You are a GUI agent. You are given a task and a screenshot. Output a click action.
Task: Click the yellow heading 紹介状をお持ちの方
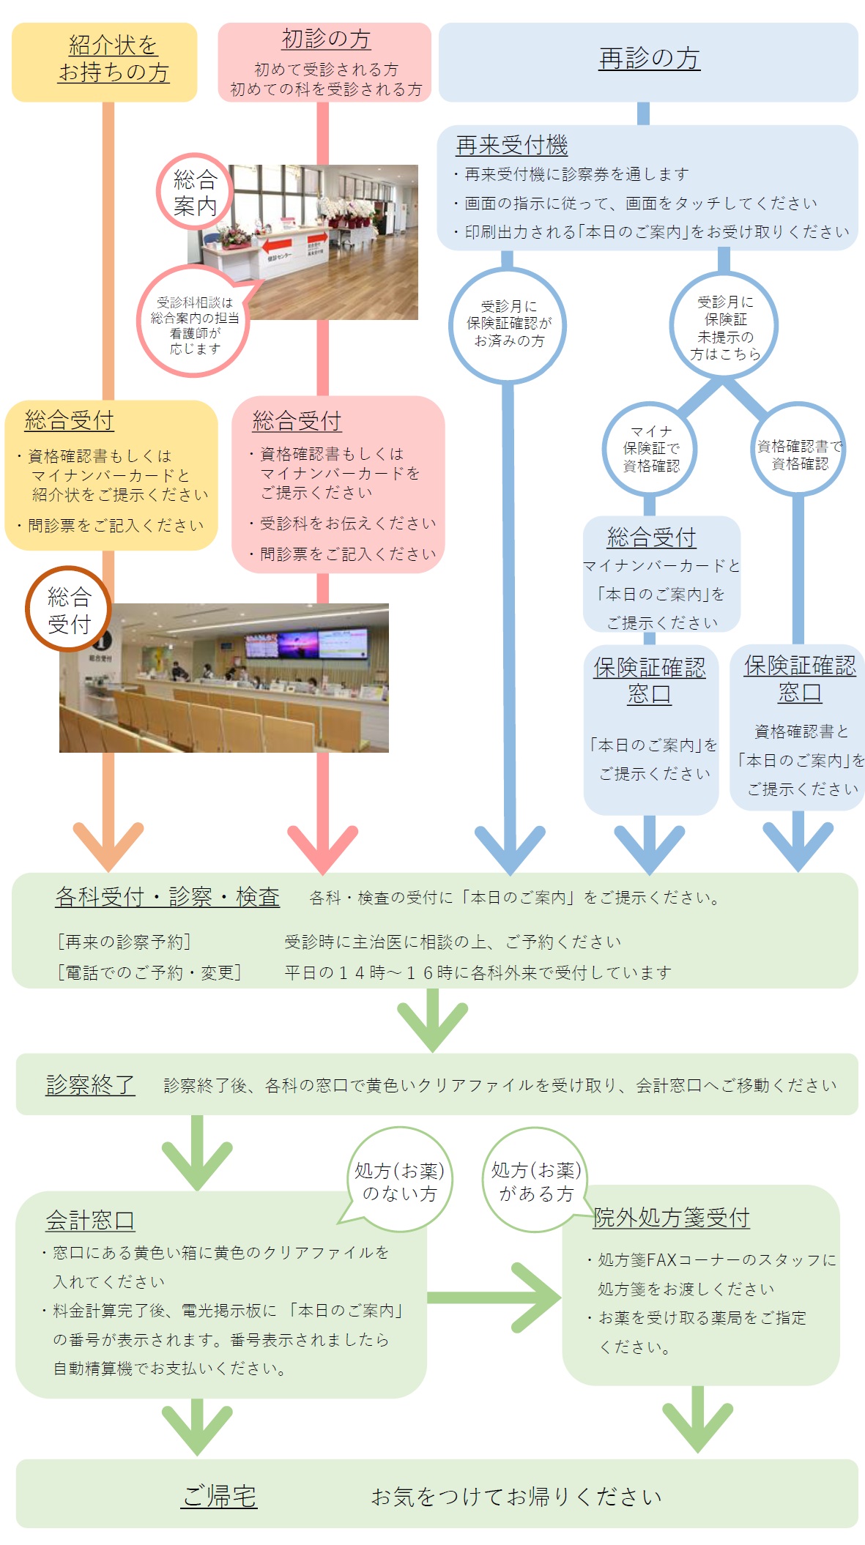[x=114, y=59]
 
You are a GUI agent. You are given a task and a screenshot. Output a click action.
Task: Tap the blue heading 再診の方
[x=649, y=59]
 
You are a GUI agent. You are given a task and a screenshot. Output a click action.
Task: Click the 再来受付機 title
[x=511, y=145]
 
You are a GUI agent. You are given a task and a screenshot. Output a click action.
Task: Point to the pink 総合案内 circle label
[x=195, y=192]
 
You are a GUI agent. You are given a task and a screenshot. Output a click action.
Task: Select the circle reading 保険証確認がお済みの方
[x=508, y=324]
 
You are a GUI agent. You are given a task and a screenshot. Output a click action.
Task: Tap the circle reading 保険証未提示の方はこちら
[x=724, y=327]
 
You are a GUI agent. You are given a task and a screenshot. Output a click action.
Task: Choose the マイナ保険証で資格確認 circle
[x=650, y=449]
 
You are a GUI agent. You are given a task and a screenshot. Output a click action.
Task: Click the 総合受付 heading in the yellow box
[x=70, y=420]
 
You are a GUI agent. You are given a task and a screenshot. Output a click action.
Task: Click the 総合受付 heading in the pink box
[x=297, y=421]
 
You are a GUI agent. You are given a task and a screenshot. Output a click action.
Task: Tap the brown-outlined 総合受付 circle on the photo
[x=69, y=609]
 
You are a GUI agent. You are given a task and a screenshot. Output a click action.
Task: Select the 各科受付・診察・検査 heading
[x=167, y=897]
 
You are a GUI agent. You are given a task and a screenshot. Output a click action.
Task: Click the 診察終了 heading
[x=90, y=1084]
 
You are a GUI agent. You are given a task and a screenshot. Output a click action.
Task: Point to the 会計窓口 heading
[x=90, y=1220]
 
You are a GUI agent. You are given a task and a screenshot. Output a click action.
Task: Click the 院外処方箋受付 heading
[x=671, y=1217]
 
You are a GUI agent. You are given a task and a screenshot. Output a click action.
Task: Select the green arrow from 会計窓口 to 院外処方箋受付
[x=495, y=1297]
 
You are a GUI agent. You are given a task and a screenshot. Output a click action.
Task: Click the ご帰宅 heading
[x=219, y=1496]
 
